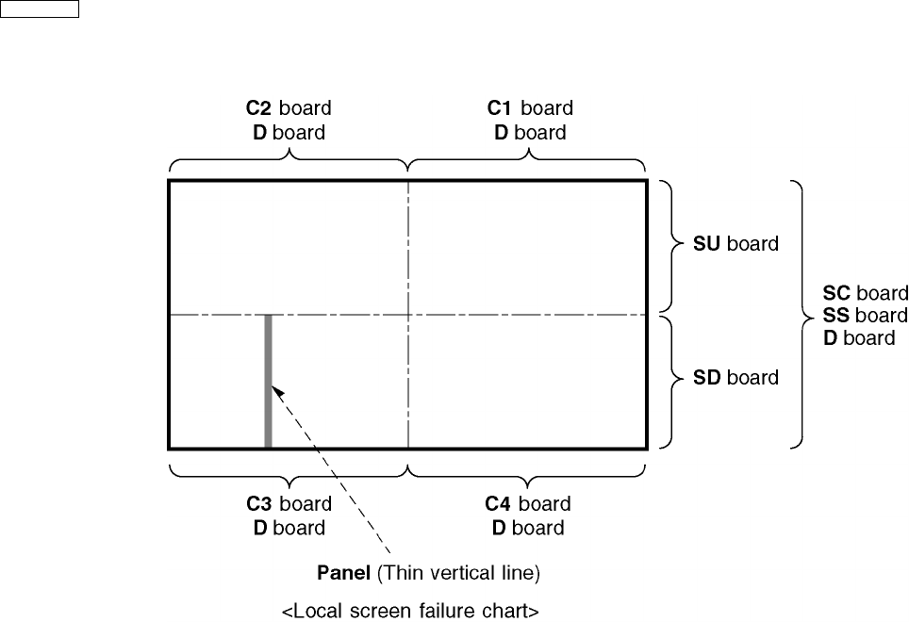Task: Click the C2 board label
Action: coord(289,108)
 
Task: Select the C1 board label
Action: coord(530,108)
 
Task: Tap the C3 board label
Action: coord(289,504)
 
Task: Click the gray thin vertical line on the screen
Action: coord(269,381)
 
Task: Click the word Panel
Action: coord(345,572)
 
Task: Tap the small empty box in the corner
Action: coord(40,9)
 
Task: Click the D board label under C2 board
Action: coord(289,132)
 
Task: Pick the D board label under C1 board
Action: coord(530,132)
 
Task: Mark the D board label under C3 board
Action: coord(289,528)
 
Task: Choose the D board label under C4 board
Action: coord(528,528)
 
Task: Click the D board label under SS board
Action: coord(859,337)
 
